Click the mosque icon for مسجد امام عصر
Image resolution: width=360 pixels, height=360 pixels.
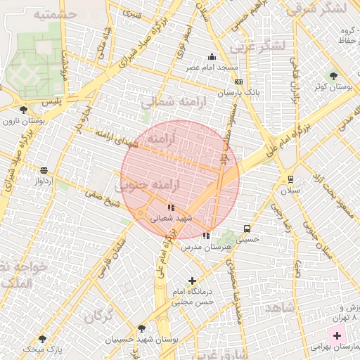click(212, 58)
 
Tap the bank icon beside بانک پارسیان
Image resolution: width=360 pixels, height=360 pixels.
click(238, 82)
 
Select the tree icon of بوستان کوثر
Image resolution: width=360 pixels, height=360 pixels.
click(333, 76)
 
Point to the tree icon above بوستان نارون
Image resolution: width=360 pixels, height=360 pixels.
click(24, 110)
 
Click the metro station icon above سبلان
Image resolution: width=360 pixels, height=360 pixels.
click(290, 179)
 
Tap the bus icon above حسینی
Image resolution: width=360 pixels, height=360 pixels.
click(247, 229)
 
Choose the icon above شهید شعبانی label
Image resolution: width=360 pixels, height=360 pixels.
click(171, 207)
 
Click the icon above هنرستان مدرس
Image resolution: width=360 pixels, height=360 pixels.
click(206, 236)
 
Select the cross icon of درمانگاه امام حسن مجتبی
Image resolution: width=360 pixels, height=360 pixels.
click(192, 281)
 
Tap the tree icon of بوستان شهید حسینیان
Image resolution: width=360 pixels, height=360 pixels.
click(142, 328)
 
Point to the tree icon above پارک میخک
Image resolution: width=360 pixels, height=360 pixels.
click(42, 338)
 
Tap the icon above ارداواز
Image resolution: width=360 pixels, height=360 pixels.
click(44, 170)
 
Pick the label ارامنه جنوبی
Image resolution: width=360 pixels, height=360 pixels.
click(148, 186)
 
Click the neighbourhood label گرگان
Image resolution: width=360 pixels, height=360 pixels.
click(99, 316)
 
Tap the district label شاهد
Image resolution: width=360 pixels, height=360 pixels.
click(279, 309)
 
